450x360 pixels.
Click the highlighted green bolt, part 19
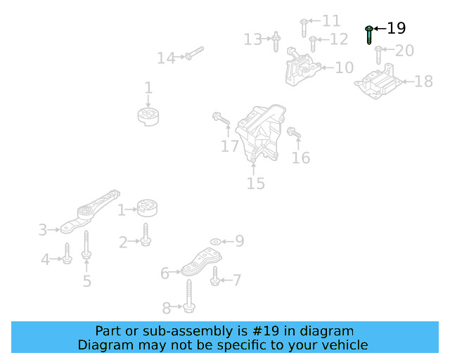(369, 34)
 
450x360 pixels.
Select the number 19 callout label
(397, 28)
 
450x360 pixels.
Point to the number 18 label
(423, 82)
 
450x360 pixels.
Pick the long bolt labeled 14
(194, 53)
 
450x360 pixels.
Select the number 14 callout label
(166, 58)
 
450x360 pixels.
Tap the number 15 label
(255, 184)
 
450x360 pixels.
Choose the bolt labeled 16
(294, 133)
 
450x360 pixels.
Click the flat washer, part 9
(214, 241)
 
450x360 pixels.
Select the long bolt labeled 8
(191, 295)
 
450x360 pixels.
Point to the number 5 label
(86, 281)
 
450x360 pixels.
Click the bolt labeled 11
(304, 26)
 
